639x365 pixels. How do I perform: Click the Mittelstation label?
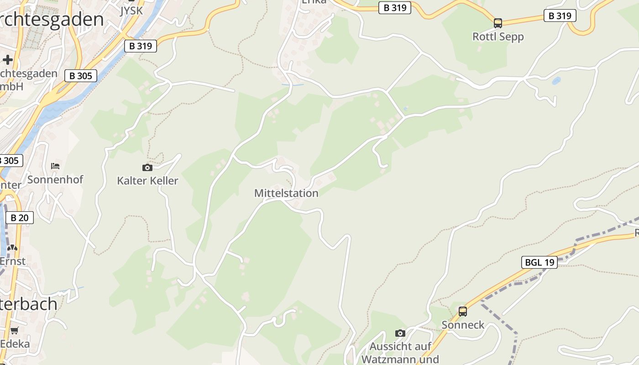point(286,193)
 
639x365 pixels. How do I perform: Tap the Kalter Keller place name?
point(147,181)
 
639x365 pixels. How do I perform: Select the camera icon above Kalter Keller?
point(147,167)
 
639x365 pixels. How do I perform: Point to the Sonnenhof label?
point(55,179)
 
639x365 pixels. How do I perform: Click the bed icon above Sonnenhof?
point(55,166)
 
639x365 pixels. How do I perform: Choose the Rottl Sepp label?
point(498,36)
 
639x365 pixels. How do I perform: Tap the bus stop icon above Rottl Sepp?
point(498,23)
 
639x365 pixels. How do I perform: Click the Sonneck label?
point(463,325)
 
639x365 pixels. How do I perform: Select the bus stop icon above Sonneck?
point(463,312)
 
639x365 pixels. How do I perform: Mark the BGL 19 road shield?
point(539,262)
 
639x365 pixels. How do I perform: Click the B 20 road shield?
point(19,218)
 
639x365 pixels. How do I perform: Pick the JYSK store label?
point(131,10)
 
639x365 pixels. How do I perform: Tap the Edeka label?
point(15,344)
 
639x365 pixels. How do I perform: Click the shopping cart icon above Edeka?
point(15,330)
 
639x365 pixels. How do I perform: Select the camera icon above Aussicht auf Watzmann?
point(400,333)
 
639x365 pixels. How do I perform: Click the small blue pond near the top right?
point(556,81)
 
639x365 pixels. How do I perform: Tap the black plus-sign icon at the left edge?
point(7,60)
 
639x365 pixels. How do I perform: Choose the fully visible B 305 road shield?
point(81,76)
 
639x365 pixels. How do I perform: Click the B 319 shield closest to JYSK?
point(141,46)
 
